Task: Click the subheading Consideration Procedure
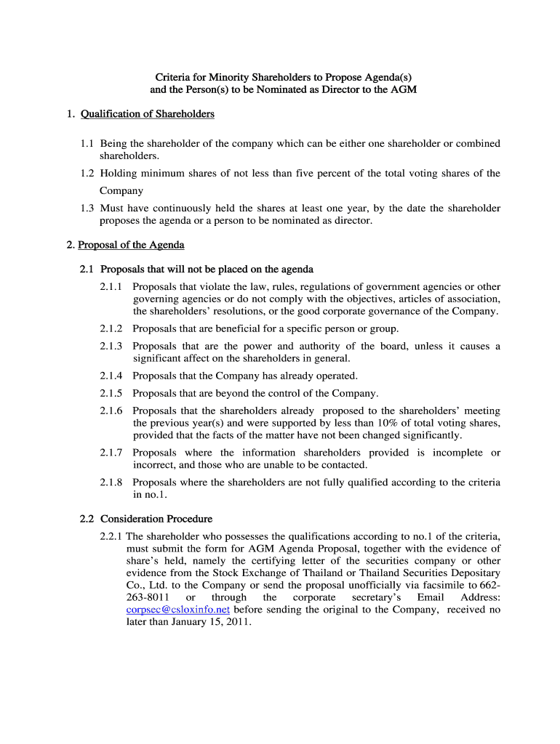point(156,519)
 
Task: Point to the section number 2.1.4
point(111,376)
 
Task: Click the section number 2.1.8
point(111,482)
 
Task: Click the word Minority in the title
point(226,76)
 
